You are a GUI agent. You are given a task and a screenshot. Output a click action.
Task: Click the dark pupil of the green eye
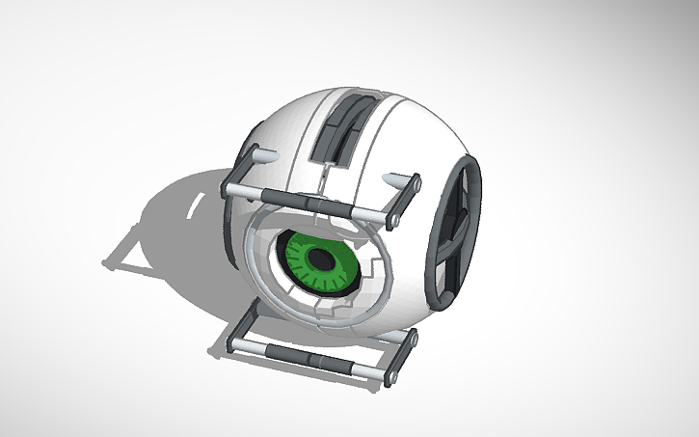(318, 259)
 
